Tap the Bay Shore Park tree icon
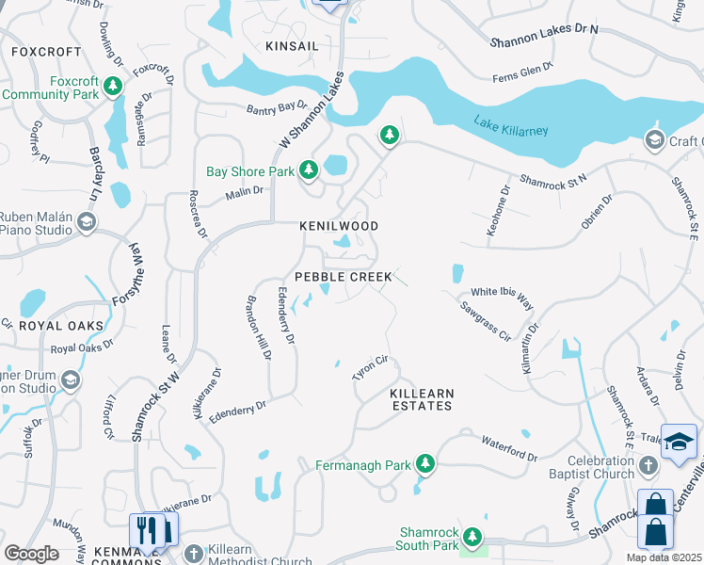308,170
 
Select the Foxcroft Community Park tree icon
113,88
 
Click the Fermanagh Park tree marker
426,464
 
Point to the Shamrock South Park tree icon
472,539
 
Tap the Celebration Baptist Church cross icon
648,465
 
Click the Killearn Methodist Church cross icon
194,553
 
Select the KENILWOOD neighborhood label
339,227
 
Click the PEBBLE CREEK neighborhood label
343,277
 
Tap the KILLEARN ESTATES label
422,399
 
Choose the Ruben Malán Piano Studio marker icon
87,222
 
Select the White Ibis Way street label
501,298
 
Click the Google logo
31,553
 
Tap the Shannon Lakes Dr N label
544,36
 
